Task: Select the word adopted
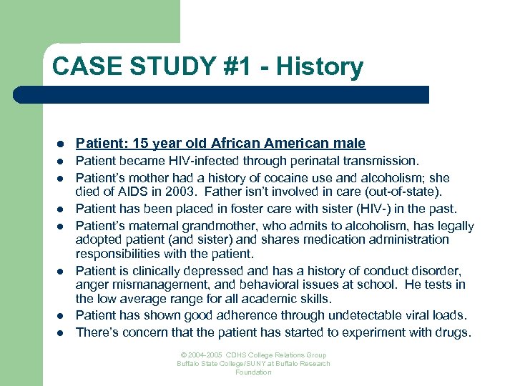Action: click(x=99, y=239)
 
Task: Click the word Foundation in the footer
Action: click(x=253, y=372)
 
